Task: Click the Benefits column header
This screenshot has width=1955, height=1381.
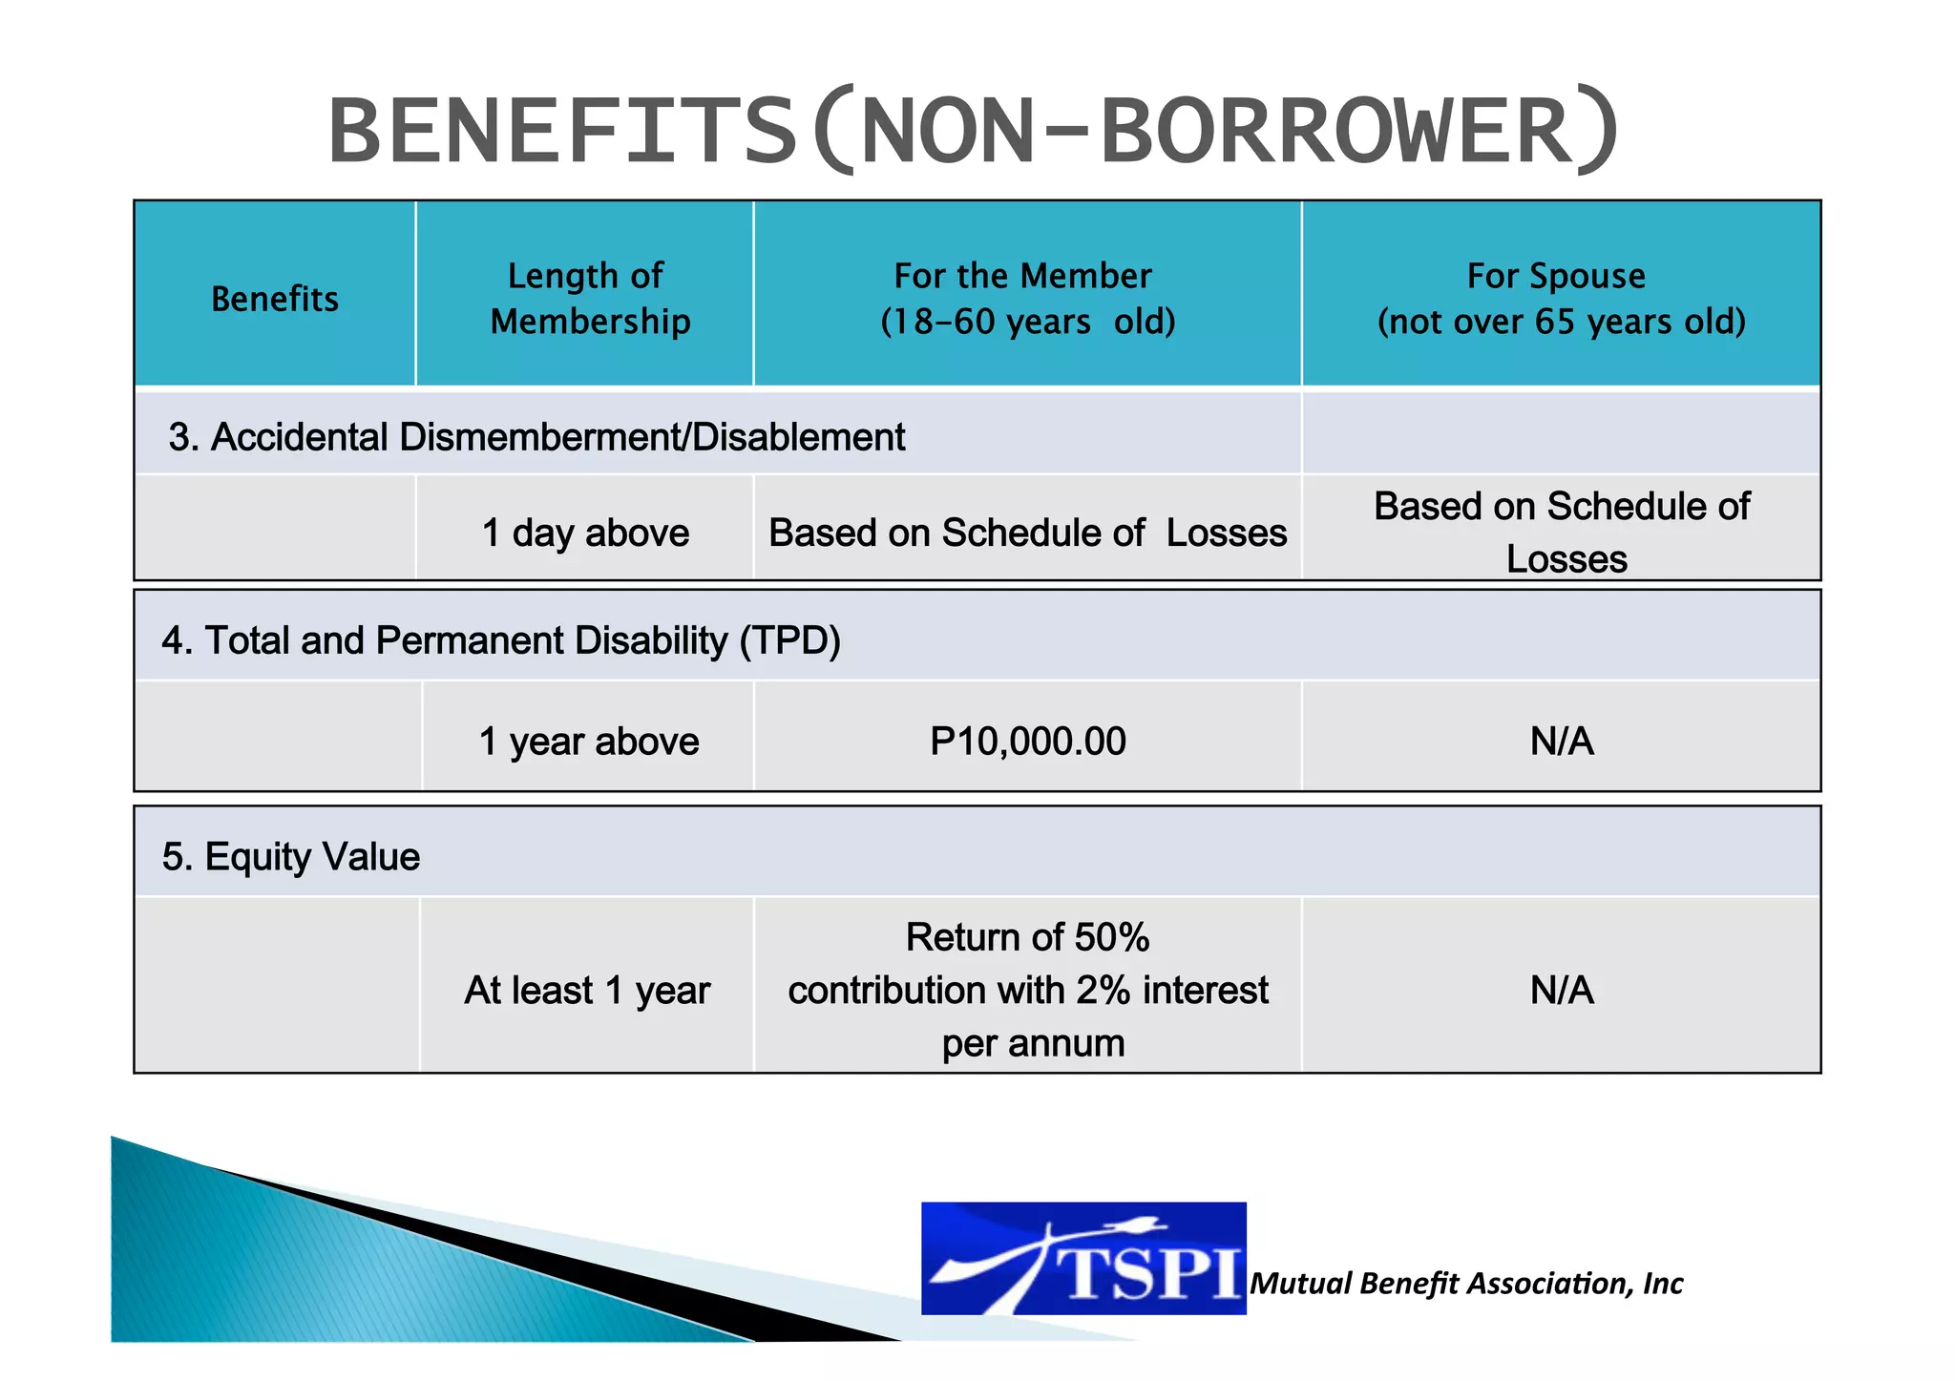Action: [275, 299]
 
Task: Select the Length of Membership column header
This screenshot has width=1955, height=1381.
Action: [588, 298]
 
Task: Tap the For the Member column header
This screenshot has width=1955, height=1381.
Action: [1027, 298]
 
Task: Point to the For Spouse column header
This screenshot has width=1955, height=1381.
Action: [1561, 298]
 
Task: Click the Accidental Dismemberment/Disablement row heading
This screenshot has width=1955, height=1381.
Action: [536, 437]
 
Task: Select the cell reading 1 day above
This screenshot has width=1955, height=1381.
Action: [585, 533]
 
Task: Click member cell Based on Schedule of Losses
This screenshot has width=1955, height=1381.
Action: [1027, 533]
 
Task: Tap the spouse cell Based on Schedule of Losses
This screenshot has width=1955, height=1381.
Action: [1563, 532]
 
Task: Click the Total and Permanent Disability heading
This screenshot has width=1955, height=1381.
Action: [501, 640]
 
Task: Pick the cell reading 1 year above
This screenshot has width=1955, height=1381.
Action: [588, 742]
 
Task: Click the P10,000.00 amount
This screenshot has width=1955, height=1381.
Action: [1027, 742]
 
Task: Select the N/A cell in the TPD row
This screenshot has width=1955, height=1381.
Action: [1562, 742]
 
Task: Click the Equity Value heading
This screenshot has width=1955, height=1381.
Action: [291, 857]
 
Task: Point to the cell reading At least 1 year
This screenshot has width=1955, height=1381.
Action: [587, 991]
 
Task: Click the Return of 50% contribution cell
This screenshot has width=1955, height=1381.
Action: [1028, 990]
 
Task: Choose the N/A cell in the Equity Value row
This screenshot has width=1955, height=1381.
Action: [1562, 991]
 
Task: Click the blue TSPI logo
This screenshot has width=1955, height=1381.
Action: [1083, 1258]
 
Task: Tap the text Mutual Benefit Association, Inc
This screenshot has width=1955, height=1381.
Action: [1466, 1284]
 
